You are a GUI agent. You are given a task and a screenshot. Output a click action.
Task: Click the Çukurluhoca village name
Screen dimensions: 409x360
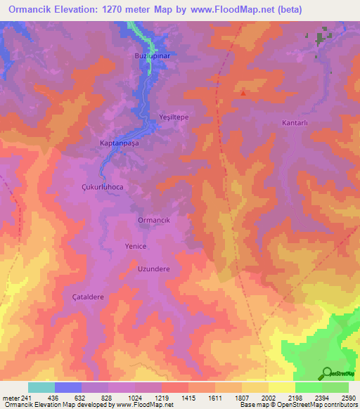pyautogui.click(x=103, y=188)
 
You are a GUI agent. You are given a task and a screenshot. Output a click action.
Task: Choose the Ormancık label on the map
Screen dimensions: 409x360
pyautogui.click(x=153, y=220)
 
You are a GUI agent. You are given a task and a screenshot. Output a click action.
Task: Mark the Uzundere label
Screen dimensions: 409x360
pyautogui.click(x=153, y=268)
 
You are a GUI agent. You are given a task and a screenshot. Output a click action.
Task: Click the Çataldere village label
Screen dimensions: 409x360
pyautogui.click(x=88, y=297)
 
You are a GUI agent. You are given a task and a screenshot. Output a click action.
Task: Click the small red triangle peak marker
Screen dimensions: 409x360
pyautogui.click(x=243, y=91)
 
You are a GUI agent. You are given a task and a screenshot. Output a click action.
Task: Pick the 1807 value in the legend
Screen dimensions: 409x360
pyautogui.click(x=241, y=397)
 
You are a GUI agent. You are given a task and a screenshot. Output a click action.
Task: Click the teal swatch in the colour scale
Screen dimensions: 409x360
pyautogui.click(x=41, y=387)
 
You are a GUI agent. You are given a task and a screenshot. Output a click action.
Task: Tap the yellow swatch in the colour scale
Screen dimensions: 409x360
pyautogui.click(x=281, y=387)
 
